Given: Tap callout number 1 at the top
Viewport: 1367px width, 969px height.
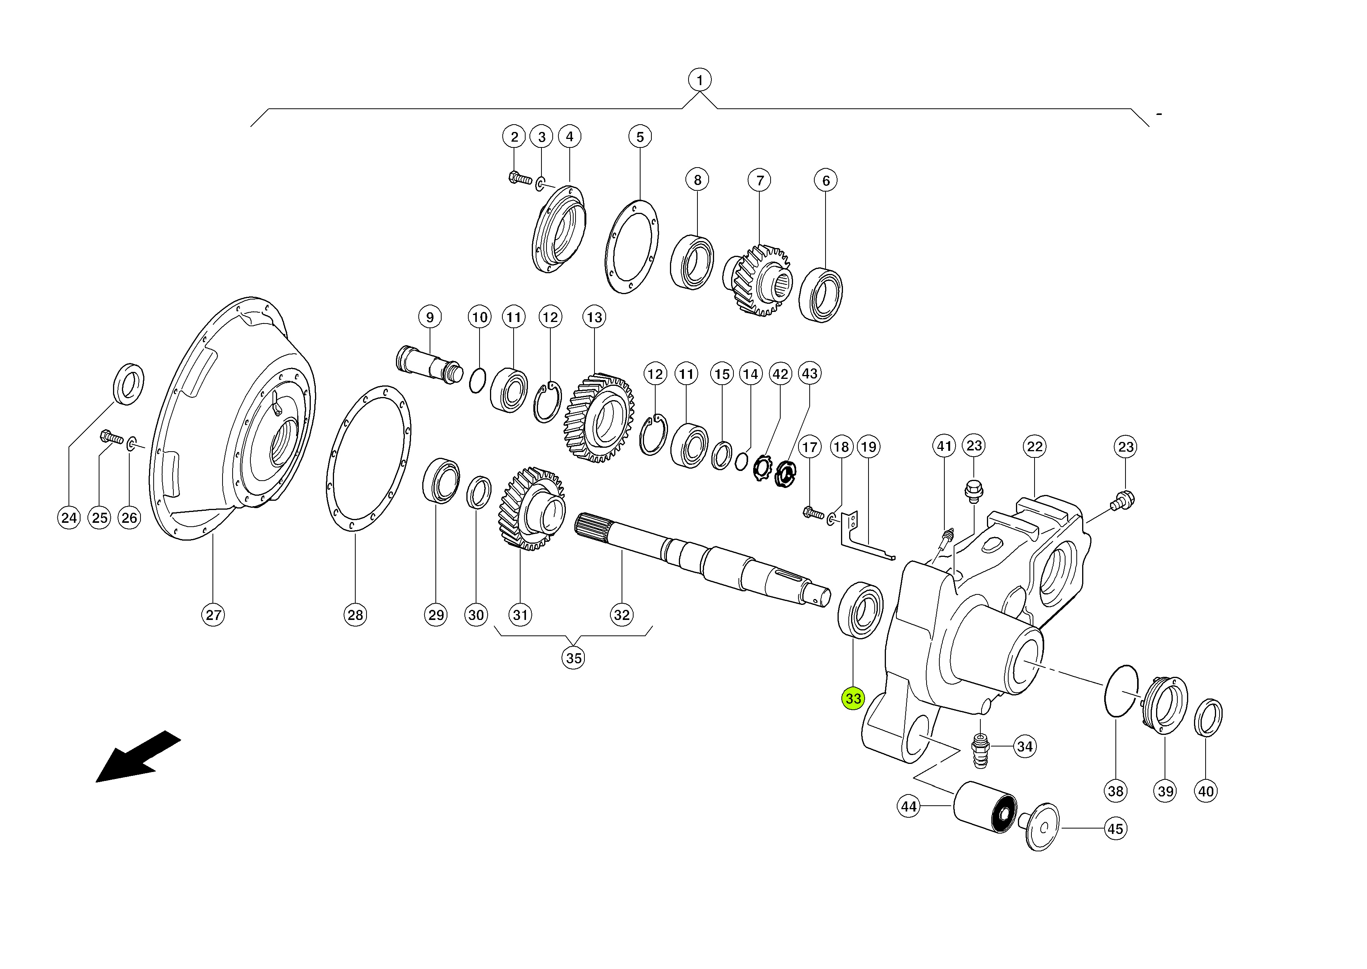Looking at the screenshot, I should tap(699, 79).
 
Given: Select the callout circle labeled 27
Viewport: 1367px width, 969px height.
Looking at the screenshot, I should tap(213, 615).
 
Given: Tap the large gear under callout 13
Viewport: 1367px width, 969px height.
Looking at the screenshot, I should tap(598, 418).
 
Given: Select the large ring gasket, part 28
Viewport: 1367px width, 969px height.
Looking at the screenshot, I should tap(368, 458).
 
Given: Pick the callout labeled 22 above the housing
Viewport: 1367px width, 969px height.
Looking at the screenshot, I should tap(1034, 446).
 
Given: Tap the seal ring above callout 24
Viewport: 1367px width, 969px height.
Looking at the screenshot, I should tap(128, 383).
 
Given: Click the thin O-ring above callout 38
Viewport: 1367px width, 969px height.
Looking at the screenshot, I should tap(1121, 690).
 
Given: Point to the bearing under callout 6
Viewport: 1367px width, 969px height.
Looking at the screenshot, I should tap(821, 295).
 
